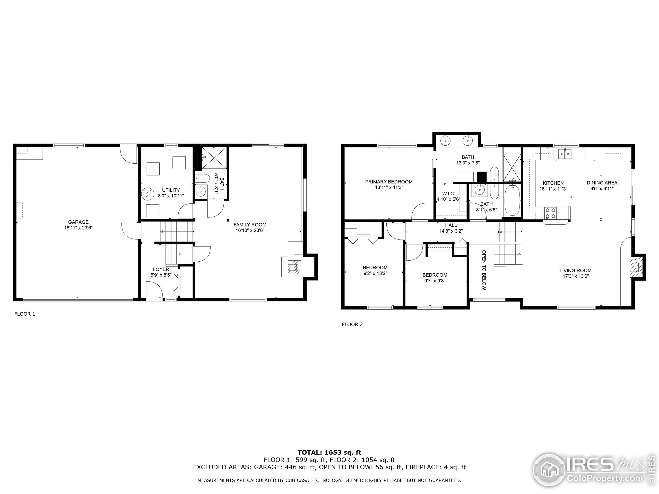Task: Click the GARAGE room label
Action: point(78,222)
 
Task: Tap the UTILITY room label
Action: point(171,190)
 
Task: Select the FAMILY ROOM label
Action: point(250,225)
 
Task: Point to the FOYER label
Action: point(161,269)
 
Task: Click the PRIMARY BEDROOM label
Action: point(389,182)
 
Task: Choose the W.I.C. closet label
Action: point(448,193)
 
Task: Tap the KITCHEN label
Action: point(553,183)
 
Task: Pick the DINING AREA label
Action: point(602,182)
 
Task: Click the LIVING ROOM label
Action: point(575,270)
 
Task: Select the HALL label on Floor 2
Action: point(451,225)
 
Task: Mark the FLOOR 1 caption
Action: point(25,314)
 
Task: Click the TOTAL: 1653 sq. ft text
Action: point(329,453)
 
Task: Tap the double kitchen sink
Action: point(565,154)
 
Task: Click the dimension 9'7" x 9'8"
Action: point(435,280)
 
